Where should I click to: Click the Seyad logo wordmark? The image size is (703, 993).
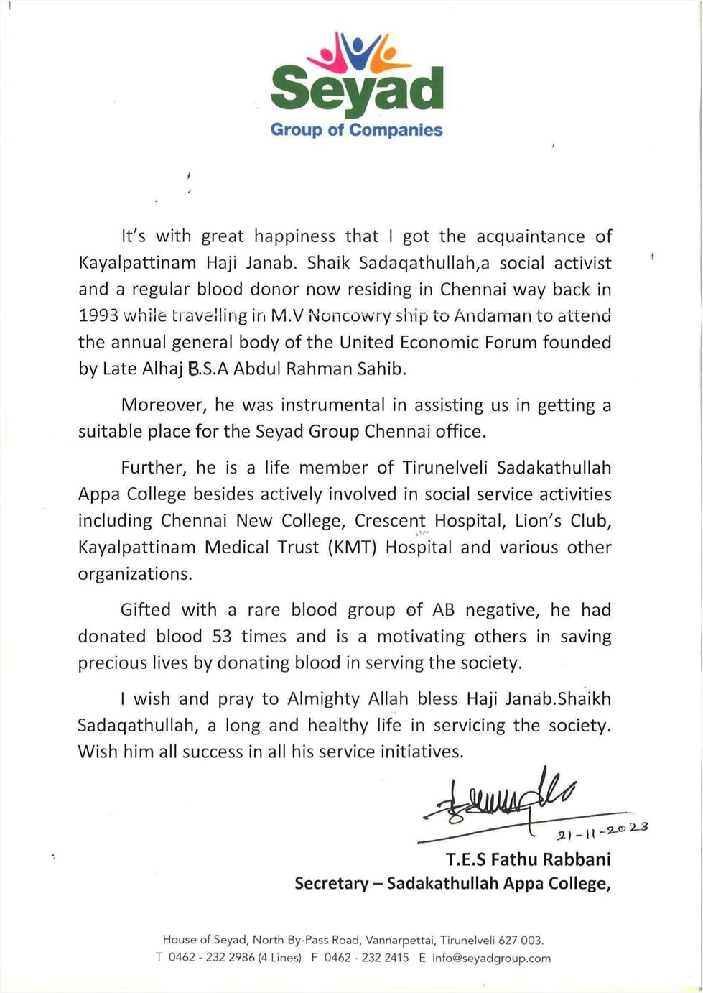pyautogui.click(x=356, y=89)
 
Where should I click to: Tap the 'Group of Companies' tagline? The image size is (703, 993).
pyautogui.click(x=356, y=130)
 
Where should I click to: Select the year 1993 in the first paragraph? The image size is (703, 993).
pyautogui.click(x=98, y=315)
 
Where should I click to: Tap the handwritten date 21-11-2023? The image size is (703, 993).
pyautogui.click(x=602, y=831)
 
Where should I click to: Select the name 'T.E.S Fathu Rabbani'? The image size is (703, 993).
pyautogui.click(x=528, y=859)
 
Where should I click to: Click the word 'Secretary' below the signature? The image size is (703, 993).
pyautogui.click(x=331, y=883)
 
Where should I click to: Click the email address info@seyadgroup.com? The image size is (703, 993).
pyautogui.click(x=491, y=958)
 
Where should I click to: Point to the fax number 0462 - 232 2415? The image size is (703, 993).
pyautogui.click(x=366, y=958)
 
